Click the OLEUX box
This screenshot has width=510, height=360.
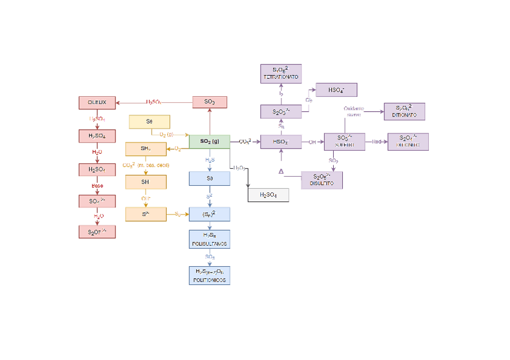pos(97,102)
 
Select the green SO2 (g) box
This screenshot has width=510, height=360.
pos(209,141)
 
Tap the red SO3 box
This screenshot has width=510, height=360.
pos(209,102)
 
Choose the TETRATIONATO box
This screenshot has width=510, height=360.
pos(281,74)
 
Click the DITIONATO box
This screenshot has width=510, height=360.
pos(404,111)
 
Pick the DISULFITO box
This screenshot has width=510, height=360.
pos(322,180)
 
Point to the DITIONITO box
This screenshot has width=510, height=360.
pos(408,142)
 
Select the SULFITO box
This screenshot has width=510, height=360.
pos(344,142)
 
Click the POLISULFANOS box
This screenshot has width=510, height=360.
pos(209,239)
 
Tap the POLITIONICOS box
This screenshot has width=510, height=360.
pos(209,275)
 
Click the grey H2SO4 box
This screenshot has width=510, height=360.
pos(268,195)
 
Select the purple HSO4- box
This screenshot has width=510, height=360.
pos(336,90)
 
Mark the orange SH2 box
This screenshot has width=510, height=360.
pos(146,149)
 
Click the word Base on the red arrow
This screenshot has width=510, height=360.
pos(97,186)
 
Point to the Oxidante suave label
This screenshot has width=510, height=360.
pos(354,111)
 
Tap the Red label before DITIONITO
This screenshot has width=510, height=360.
pos(376,142)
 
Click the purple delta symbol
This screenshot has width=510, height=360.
pos(281,172)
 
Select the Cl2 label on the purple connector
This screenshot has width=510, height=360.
pos(309,100)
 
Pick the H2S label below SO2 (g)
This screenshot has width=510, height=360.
pos(209,160)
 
